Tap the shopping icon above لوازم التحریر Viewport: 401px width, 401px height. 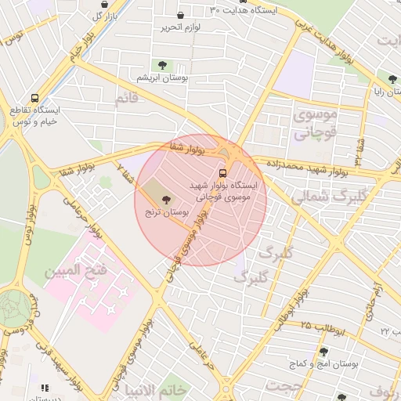[x=181, y=15]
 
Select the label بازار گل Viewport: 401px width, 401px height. [x=105, y=16]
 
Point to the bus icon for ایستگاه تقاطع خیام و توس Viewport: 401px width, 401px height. [x=34, y=99]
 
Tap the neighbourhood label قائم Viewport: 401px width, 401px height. [x=127, y=99]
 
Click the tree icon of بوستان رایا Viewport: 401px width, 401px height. [x=392, y=78]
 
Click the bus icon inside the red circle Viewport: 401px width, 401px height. [x=222, y=172]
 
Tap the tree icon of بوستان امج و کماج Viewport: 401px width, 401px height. [x=343, y=352]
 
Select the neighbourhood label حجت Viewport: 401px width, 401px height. [x=283, y=386]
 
